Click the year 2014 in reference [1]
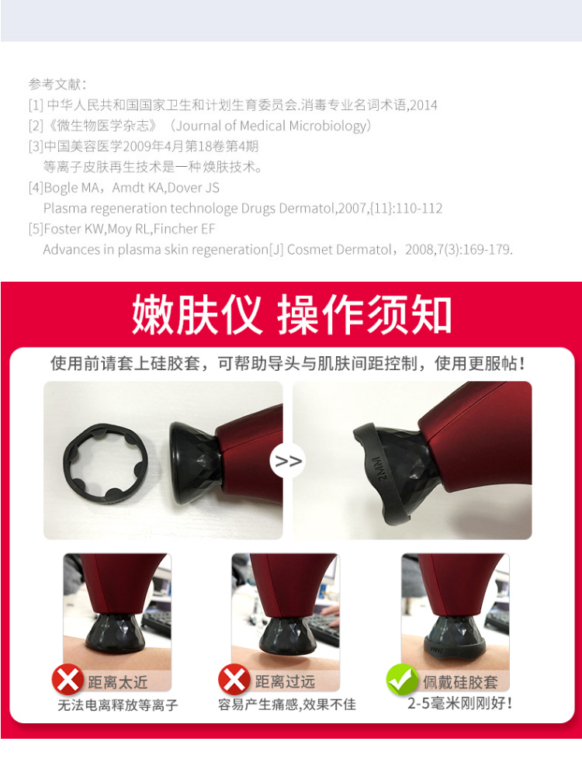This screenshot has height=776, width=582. (x=423, y=105)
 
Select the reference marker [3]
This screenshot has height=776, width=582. (x=36, y=147)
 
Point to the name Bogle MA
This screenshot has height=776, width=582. (x=71, y=188)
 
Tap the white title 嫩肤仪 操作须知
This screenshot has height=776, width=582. (x=292, y=314)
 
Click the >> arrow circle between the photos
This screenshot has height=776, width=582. (x=288, y=461)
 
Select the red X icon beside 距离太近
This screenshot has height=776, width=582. (x=68, y=679)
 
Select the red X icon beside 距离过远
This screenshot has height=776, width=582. (x=234, y=679)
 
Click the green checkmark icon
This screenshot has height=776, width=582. (x=402, y=679)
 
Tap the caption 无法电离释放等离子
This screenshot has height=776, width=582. (x=118, y=705)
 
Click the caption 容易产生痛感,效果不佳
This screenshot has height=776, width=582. (x=287, y=705)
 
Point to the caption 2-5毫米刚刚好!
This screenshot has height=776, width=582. (x=459, y=703)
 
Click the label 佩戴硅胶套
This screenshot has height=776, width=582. (x=460, y=682)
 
